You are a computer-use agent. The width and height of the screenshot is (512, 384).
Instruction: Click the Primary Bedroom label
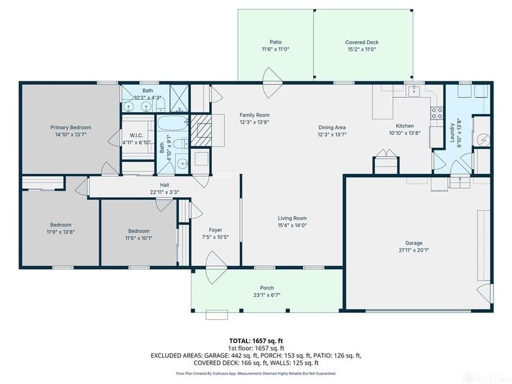[x=70, y=127]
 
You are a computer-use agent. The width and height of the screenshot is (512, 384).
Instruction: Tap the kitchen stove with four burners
[x=438, y=113]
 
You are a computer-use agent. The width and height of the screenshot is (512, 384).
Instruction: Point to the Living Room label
[x=292, y=218]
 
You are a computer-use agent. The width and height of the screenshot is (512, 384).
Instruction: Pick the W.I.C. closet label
[x=136, y=134]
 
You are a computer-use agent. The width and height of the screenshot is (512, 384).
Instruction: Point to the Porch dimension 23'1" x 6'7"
[x=266, y=295]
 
